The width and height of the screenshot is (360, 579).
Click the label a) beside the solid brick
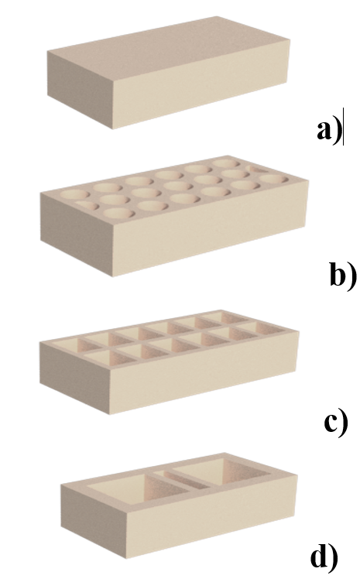point(329,131)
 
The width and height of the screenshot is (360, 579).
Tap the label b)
point(343,275)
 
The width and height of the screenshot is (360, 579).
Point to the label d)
point(324,557)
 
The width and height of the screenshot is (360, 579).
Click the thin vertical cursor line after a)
point(344,127)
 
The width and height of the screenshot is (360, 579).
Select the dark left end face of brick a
point(80,88)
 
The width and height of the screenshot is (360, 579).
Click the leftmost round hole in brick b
point(74,194)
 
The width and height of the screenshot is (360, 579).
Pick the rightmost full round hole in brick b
point(273,179)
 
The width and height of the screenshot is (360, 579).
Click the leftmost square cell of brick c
point(67,347)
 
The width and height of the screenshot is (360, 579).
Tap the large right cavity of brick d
point(225,469)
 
